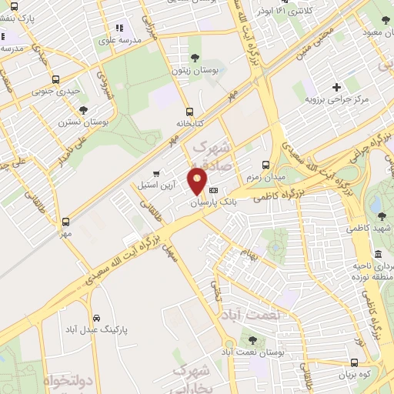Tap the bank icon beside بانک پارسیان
[213, 190]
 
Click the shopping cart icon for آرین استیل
[156, 174]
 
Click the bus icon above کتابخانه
[189, 111]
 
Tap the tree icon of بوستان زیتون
[195, 58]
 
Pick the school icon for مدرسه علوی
[119, 28]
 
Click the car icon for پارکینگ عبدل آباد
[95, 317]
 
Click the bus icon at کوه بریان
[353, 362]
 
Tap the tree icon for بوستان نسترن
[83, 110]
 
